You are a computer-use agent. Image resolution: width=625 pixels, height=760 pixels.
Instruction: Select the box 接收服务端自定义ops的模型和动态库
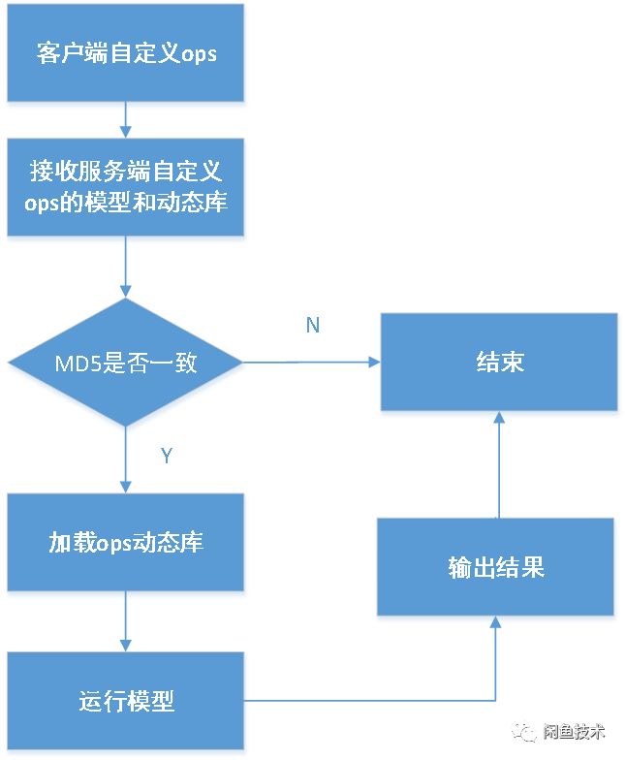point(126,187)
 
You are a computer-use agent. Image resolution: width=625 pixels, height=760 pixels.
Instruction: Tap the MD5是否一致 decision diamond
point(126,364)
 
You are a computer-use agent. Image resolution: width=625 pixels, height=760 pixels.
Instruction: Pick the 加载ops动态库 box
point(126,542)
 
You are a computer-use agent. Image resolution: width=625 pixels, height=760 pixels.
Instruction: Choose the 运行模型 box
point(126,701)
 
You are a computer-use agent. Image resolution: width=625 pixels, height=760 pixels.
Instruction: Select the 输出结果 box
point(495,567)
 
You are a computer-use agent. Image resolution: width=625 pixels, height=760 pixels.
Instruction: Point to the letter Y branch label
point(166,456)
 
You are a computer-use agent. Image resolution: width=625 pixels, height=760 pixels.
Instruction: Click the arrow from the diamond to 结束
point(310,363)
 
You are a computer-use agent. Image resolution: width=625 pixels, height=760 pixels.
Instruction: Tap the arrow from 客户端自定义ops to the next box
point(126,118)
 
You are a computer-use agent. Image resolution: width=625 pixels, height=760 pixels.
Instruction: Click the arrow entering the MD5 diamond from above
point(126,267)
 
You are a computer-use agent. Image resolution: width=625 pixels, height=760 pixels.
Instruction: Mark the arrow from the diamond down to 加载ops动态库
point(126,460)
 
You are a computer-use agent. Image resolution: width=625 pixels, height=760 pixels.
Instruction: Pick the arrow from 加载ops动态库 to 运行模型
point(126,621)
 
